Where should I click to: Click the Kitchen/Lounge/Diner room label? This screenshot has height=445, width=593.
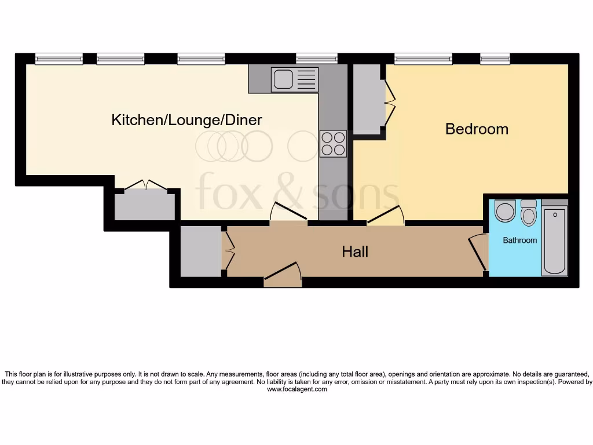click(186, 120)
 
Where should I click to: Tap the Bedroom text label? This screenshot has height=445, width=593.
click(477, 129)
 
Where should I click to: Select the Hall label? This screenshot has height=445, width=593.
click(355, 251)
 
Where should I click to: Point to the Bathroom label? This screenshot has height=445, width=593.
click(519, 240)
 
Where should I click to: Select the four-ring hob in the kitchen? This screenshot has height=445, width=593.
click(333, 143)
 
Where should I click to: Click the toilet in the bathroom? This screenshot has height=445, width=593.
click(528, 214)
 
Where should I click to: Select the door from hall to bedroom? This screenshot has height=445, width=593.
click(385, 216)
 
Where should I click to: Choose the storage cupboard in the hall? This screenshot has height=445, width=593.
click(200, 251)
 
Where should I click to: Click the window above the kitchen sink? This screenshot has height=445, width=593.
click(316, 58)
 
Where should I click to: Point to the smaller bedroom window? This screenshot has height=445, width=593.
click(495, 58)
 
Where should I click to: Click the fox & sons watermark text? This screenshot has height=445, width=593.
click(298, 191)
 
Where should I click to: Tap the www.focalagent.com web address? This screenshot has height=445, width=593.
click(297, 389)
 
